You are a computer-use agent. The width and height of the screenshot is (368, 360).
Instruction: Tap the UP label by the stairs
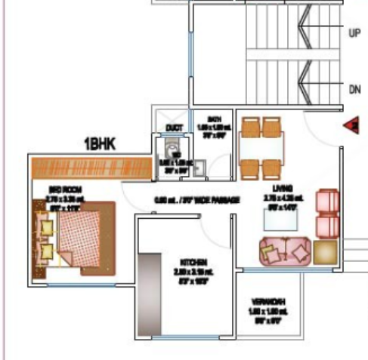pyautogui.click(x=354, y=33)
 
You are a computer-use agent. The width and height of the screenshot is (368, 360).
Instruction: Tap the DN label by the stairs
pyautogui.click(x=354, y=88)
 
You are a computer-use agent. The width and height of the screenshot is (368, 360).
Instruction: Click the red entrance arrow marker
pyautogui.click(x=351, y=126)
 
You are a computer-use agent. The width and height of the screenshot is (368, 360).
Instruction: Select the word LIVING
pyautogui.click(x=283, y=187)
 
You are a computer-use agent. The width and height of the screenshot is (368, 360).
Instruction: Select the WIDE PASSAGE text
pyautogui.click(x=208, y=200)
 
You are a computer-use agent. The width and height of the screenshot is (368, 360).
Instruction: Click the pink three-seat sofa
pyautogui.click(x=284, y=251)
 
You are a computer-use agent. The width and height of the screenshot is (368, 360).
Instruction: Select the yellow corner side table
pyautogui.click(x=326, y=252)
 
